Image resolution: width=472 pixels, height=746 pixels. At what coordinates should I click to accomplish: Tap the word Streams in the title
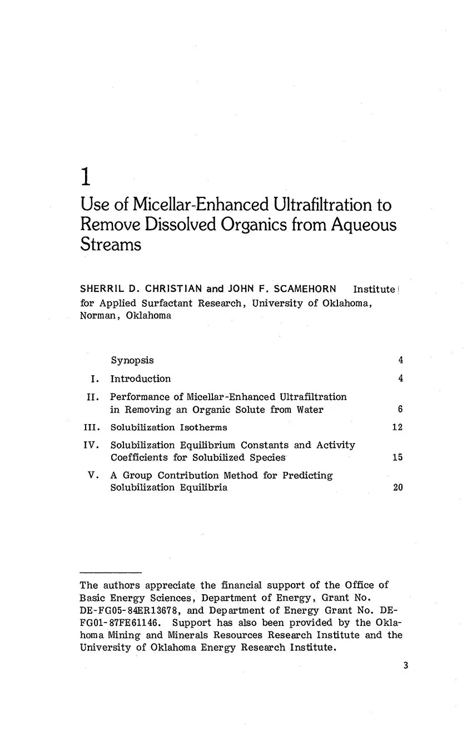click(111, 245)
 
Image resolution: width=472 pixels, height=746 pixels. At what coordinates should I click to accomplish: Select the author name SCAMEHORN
click(305, 289)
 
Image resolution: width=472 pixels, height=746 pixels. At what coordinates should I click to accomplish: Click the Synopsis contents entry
click(132, 360)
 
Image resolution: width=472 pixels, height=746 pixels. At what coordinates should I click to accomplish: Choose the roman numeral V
click(95, 475)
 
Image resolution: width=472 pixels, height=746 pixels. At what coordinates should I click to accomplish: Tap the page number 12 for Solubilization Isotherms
click(398, 427)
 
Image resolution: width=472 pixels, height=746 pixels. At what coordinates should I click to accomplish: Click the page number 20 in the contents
click(398, 488)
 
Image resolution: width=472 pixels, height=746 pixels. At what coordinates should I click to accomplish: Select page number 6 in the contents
click(400, 410)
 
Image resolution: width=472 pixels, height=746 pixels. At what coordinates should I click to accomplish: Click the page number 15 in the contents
click(398, 458)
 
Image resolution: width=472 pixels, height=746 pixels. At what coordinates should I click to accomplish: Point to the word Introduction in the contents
click(141, 379)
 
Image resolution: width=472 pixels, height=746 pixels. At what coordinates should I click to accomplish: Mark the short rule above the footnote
click(111, 571)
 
